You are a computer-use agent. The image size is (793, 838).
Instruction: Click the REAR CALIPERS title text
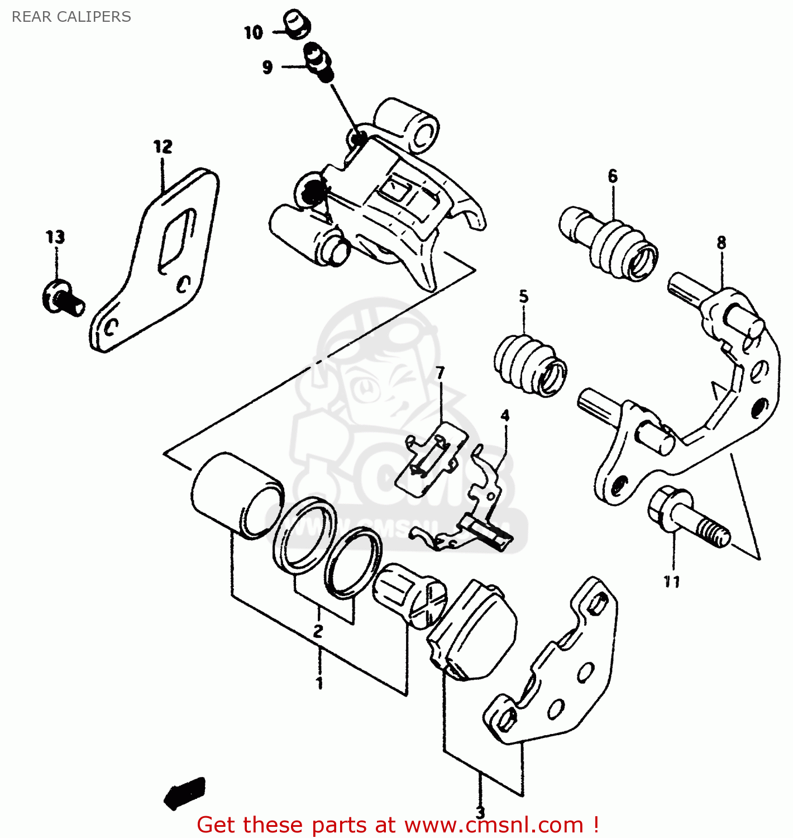[71, 17]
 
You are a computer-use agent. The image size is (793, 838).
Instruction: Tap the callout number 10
[253, 32]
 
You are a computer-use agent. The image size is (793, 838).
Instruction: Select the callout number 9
[267, 67]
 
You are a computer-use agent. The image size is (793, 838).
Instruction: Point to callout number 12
[163, 147]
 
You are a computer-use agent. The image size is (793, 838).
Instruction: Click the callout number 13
[55, 237]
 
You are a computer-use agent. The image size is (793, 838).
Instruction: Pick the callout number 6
[613, 176]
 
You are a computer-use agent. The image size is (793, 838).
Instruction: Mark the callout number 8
[722, 242]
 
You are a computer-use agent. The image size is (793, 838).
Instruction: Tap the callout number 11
[672, 582]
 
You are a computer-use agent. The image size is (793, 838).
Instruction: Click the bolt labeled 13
[63, 298]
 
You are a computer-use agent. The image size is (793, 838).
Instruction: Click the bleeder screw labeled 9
[318, 60]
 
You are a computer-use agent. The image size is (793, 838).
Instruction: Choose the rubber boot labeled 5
[529, 365]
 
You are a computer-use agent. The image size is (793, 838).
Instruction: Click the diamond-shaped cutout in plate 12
[178, 240]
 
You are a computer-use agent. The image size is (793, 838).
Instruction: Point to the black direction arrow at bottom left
[184, 792]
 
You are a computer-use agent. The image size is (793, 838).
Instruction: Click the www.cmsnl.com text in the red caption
[494, 825]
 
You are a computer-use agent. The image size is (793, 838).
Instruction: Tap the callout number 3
[480, 812]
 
